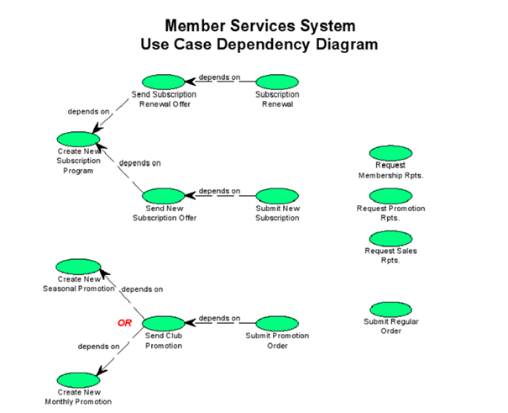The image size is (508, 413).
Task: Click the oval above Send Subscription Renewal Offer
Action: point(164,81)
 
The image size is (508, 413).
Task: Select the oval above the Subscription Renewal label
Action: point(277,82)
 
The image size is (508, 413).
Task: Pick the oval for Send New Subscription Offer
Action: point(164,196)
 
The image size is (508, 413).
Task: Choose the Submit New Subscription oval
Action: point(277,196)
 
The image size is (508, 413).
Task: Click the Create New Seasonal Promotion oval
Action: point(78,266)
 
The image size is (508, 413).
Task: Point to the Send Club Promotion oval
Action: point(164,324)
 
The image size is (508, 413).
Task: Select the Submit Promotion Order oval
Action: point(277,324)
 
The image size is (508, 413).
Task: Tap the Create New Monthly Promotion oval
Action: point(78,379)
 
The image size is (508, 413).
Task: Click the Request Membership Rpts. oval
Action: point(390,154)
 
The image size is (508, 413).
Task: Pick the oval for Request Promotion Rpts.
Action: point(390,196)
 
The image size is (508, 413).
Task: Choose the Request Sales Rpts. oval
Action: point(390,238)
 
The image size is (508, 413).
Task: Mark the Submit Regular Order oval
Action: point(390,309)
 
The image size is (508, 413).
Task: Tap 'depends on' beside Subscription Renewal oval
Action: point(219,77)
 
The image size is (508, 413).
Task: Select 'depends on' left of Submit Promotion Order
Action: point(219,319)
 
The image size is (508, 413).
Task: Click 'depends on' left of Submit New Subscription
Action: point(219,191)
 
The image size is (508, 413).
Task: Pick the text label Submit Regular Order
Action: point(390,326)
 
